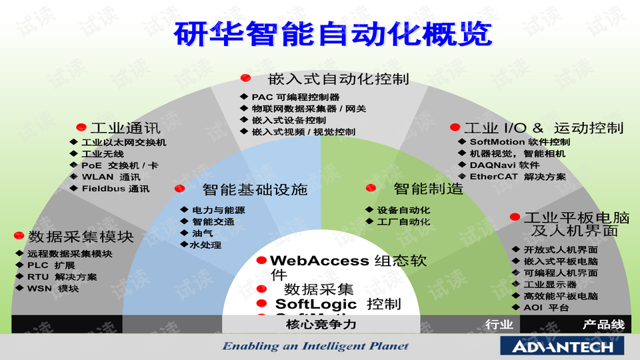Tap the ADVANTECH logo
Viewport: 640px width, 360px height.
(x=562, y=346)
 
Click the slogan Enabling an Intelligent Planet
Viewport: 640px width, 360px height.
(x=315, y=346)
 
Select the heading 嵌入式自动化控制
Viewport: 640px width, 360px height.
(x=338, y=79)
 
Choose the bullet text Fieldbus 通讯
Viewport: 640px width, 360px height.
(x=115, y=189)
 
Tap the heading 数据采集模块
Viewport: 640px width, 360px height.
(x=81, y=237)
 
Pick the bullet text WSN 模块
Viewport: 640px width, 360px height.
(x=53, y=289)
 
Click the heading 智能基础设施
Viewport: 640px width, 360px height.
(x=255, y=189)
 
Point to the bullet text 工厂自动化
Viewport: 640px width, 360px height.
(x=404, y=222)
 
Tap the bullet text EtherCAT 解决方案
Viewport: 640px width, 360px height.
(x=517, y=177)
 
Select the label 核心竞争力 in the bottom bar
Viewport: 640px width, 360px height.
(x=321, y=325)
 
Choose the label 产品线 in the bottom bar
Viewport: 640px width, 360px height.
(x=603, y=325)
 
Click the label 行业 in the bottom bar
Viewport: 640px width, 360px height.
(x=499, y=325)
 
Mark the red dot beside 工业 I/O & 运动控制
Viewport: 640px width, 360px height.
(x=455, y=127)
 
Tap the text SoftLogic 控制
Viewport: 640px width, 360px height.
(x=338, y=304)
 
